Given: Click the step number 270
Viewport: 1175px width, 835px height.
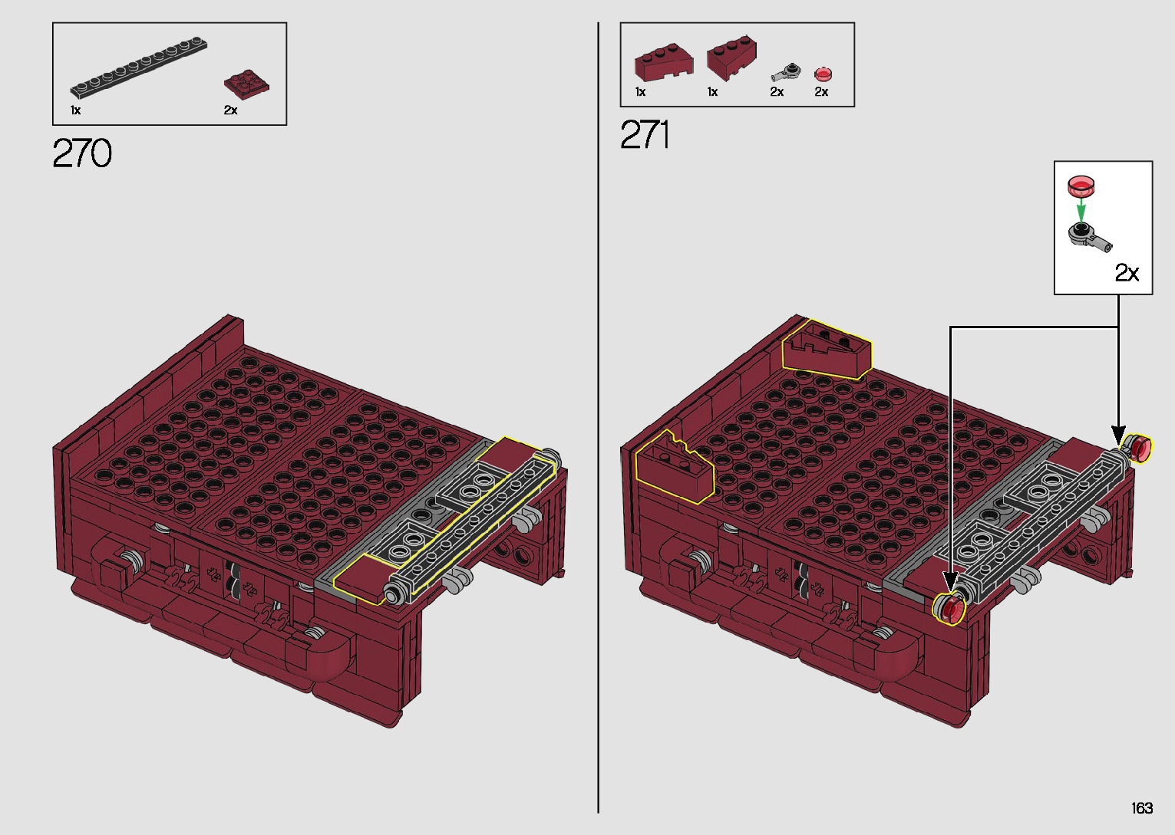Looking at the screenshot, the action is pyautogui.click(x=82, y=153).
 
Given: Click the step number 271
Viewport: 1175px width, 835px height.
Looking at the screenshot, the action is pyautogui.click(x=644, y=134).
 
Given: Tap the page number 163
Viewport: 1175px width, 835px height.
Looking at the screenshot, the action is pyautogui.click(x=1142, y=807).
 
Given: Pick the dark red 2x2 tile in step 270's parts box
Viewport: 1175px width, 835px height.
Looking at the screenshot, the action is pyautogui.click(x=246, y=84).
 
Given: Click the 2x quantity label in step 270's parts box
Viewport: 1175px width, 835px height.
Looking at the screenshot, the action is pyautogui.click(x=231, y=110).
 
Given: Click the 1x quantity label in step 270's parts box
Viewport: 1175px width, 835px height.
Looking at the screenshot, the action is pyautogui.click(x=75, y=110).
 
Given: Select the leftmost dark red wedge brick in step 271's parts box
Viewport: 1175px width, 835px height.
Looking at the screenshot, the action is pyautogui.click(x=664, y=62).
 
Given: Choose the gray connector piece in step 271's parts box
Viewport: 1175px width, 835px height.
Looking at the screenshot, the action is pyautogui.click(x=785, y=72).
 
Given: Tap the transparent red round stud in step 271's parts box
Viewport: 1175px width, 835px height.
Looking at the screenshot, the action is pyautogui.click(x=823, y=74).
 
